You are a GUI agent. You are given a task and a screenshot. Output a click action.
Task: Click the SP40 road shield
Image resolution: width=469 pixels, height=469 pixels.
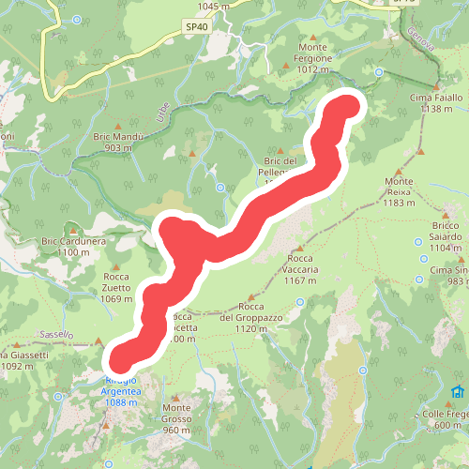pos(195,28)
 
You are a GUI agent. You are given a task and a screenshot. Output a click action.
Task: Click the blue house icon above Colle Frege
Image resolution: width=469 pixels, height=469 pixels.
pos(458,391)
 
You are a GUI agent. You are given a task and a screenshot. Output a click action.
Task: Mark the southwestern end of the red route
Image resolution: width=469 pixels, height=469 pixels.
pos(120,360)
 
